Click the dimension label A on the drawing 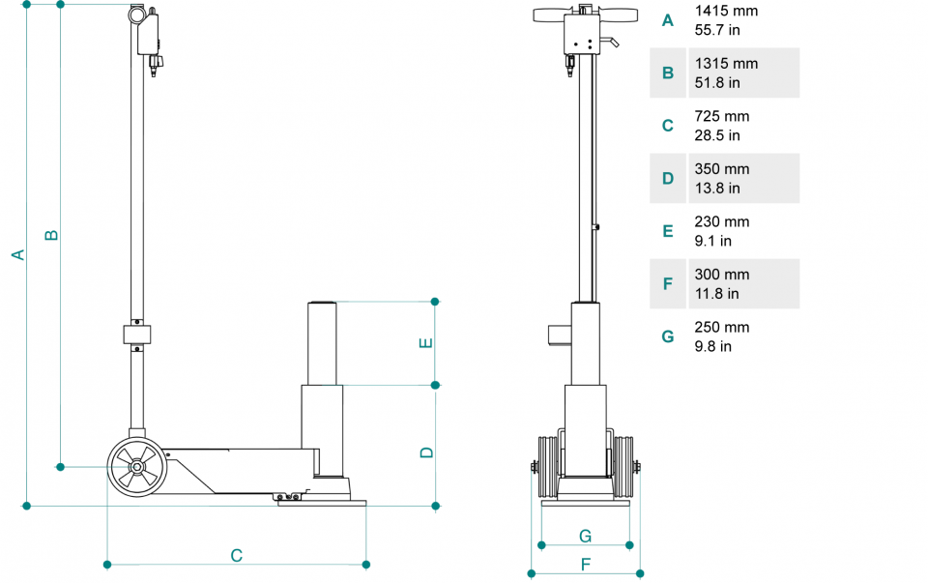click(16, 254)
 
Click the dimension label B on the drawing click(52, 235)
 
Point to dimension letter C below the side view click(236, 555)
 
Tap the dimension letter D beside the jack click(426, 452)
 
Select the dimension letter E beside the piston click(426, 342)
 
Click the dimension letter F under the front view click(585, 564)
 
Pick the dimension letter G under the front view click(585, 536)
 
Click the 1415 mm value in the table click(726, 12)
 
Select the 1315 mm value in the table click(726, 64)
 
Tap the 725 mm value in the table click(722, 116)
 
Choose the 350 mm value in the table click(722, 169)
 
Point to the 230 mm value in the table click(722, 221)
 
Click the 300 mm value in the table click(722, 275)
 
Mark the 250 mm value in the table click(722, 327)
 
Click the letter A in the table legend click(667, 20)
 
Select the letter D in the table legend click(667, 179)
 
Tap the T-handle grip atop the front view click(586, 15)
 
